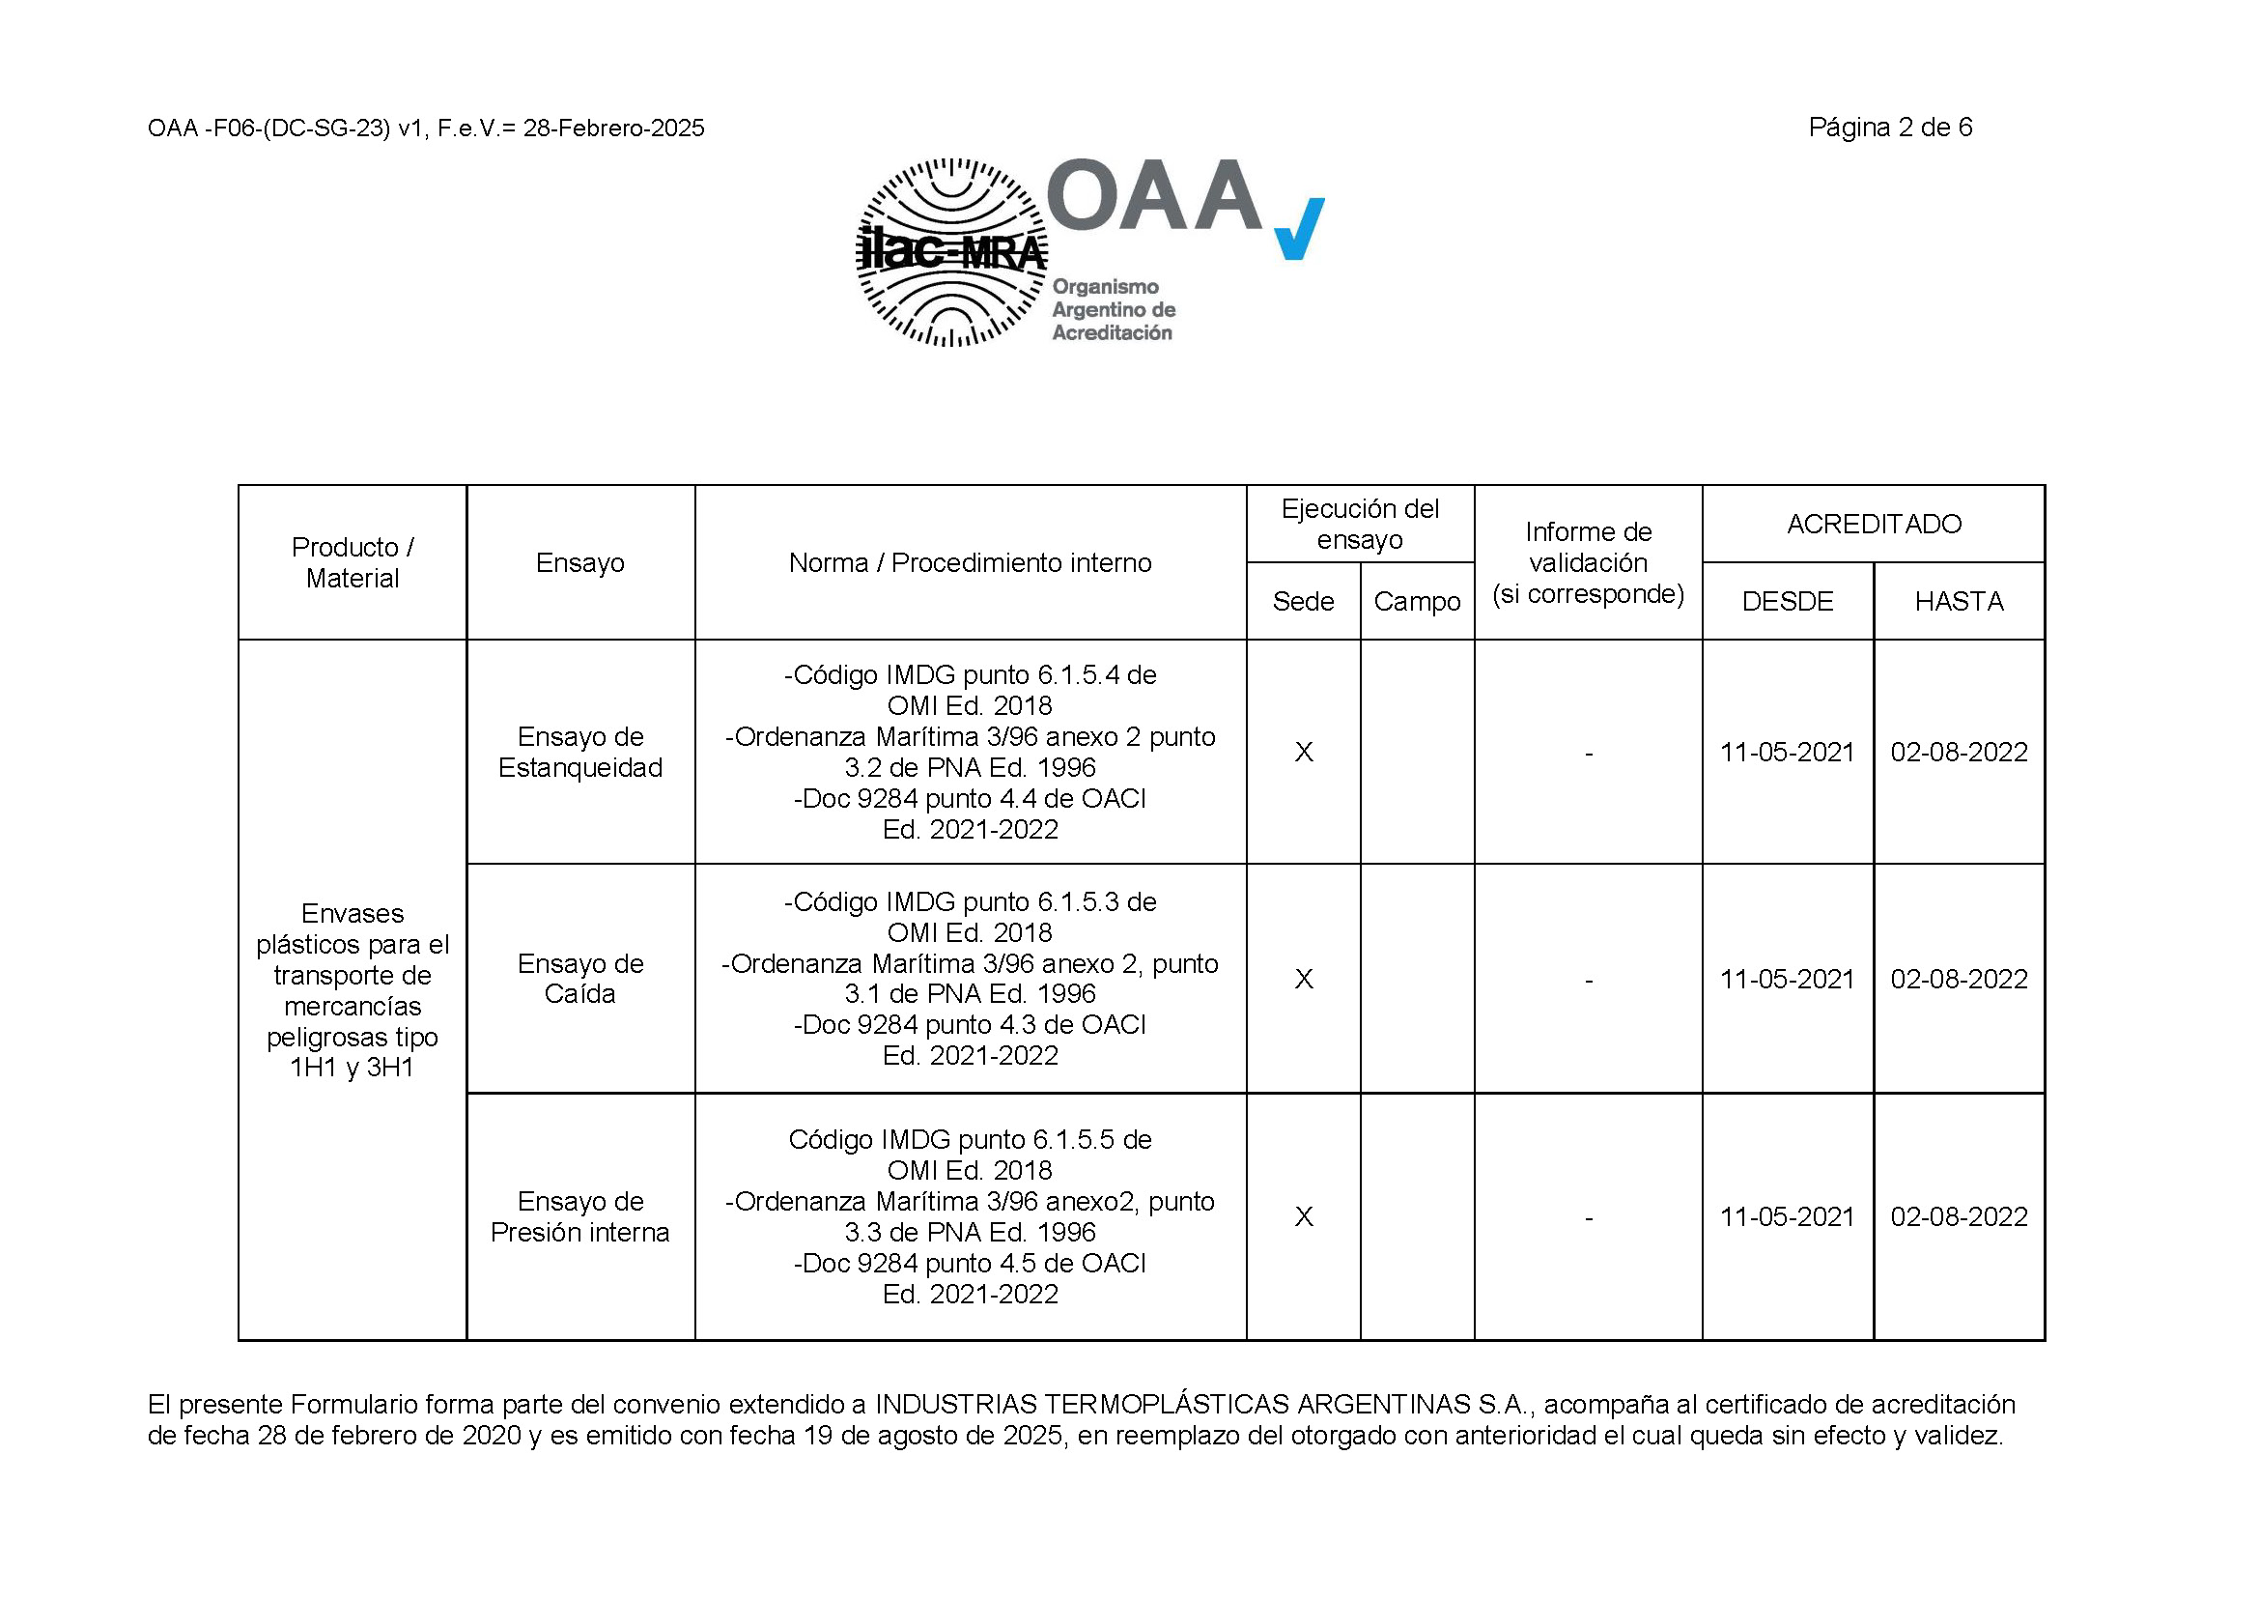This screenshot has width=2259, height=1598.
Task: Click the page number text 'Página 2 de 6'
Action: (1889, 128)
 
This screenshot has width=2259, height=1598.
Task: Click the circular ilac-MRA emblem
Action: (951, 253)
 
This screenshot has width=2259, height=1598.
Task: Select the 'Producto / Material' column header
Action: (353, 563)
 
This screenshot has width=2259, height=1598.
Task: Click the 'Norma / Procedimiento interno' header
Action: (970, 563)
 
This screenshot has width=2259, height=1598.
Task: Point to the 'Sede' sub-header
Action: (1303, 601)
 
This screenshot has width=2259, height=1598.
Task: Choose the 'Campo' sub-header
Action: (1417, 601)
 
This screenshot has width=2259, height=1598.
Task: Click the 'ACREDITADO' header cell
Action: (1874, 525)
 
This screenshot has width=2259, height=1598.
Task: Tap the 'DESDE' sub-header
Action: (1787, 601)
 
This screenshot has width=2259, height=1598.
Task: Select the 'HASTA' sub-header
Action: (1959, 601)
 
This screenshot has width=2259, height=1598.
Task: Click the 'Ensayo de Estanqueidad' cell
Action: (580, 752)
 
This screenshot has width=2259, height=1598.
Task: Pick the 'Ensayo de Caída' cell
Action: (580, 978)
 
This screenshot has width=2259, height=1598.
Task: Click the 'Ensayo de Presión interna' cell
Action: (580, 1216)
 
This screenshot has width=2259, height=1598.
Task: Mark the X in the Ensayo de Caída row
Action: (1304, 979)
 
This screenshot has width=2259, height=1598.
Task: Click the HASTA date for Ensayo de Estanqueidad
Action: (1959, 753)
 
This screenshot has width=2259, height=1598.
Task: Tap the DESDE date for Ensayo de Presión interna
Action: (1787, 1217)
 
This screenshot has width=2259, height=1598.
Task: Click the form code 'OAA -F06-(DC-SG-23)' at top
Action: (268, 128)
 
